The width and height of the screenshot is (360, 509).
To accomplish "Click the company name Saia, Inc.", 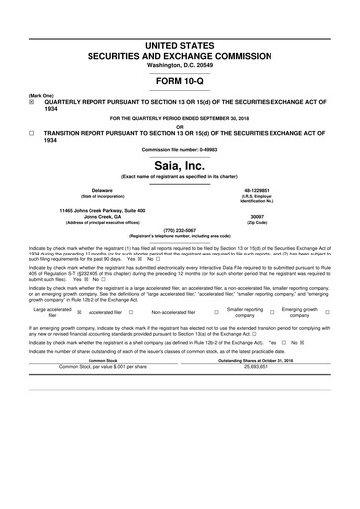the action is point(179,165).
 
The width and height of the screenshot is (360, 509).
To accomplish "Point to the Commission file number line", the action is point(179,149).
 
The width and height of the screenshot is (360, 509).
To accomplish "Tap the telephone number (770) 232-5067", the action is point(179,230).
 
